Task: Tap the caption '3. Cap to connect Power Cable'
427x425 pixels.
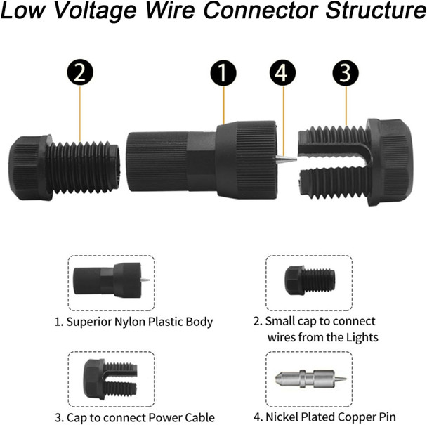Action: click(135, 417)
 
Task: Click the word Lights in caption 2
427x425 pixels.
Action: click(362, 337)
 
